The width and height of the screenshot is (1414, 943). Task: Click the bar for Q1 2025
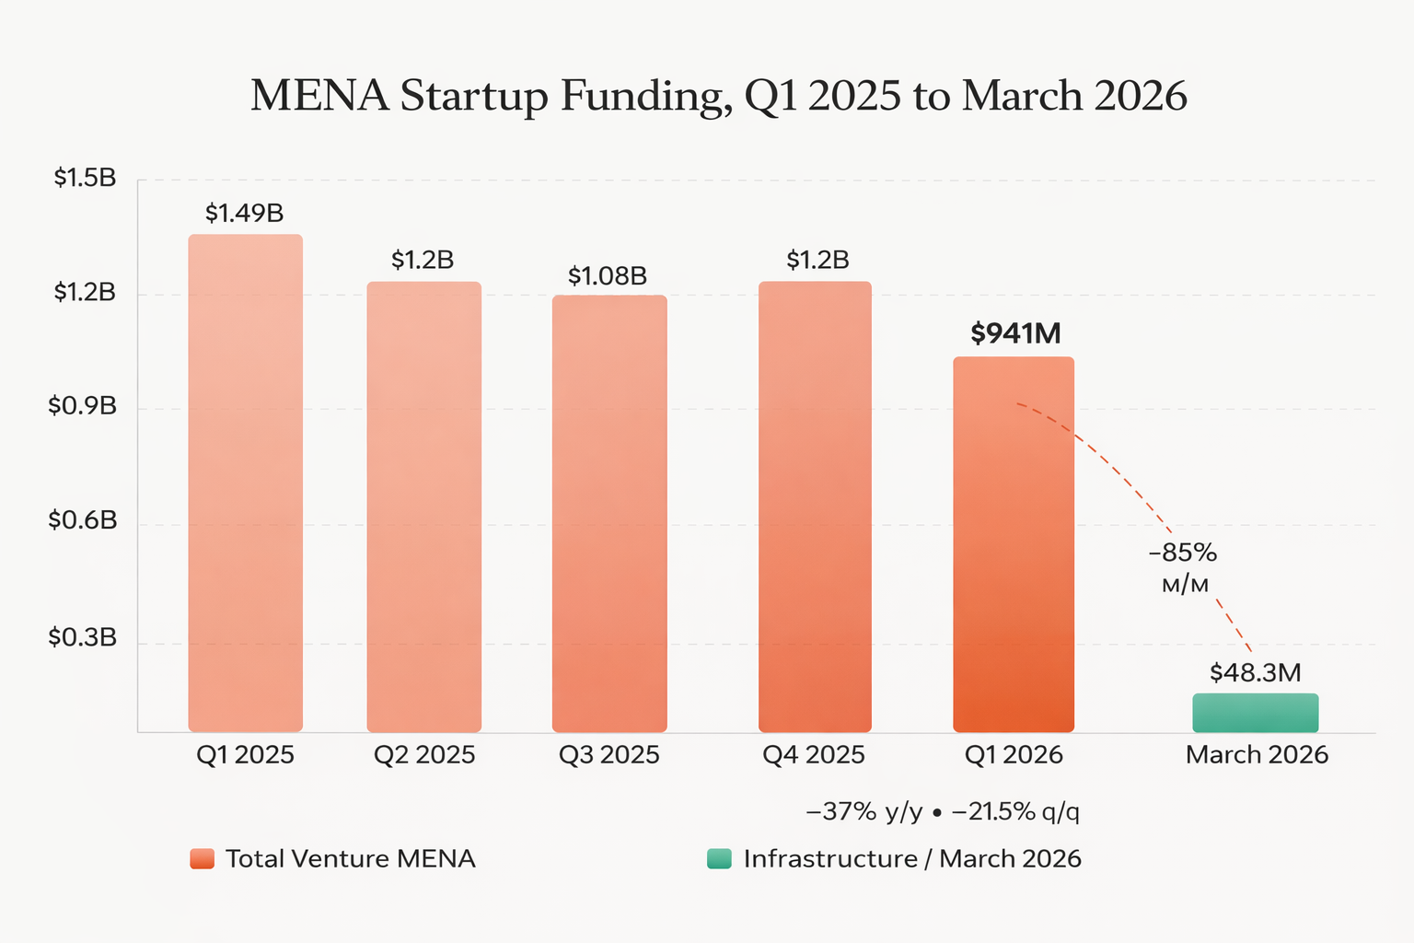245,483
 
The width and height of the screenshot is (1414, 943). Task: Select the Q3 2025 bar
609,514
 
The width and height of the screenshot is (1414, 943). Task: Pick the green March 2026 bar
1256,713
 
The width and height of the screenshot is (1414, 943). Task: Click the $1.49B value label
244,214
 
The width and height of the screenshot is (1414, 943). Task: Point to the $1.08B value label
608,276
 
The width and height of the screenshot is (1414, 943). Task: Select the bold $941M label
1015,333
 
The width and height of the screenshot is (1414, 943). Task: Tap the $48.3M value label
1255,673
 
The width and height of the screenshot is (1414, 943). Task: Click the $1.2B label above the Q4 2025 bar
817,261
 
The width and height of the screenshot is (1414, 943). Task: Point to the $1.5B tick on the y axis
85,178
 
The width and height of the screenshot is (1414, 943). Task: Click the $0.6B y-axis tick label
83,521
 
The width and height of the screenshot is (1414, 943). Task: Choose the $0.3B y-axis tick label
83,637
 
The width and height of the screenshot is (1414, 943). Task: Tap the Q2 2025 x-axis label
424,755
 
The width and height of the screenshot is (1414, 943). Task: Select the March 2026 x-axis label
1257,755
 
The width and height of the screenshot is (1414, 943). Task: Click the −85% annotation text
1183,553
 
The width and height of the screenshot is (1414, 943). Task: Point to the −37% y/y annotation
863,812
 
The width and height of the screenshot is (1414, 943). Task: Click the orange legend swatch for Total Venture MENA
203,859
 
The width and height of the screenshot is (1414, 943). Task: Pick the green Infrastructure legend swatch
719,859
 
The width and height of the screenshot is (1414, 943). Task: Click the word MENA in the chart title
319,97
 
